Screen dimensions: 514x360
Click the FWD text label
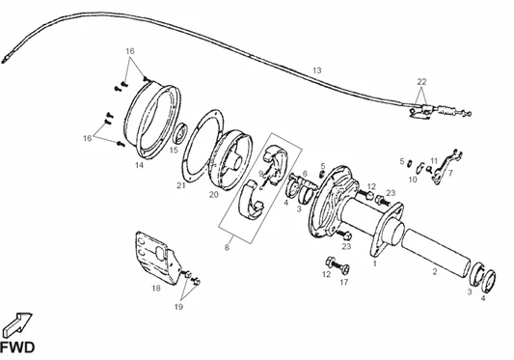pos(17,347)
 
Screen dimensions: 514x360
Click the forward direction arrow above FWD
pos(17,324)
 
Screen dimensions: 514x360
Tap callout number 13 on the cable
pos(317,70)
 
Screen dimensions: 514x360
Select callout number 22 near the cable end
pos(421,81)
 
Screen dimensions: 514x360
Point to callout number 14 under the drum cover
pos(139,165)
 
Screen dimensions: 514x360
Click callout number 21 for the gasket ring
pos(181,185)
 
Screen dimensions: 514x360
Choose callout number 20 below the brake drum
pos(214,195)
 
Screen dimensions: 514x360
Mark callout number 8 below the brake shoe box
pos(227,247)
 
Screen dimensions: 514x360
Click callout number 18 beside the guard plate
pos(156,289)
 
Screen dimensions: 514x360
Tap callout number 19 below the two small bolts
pos(178,307)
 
